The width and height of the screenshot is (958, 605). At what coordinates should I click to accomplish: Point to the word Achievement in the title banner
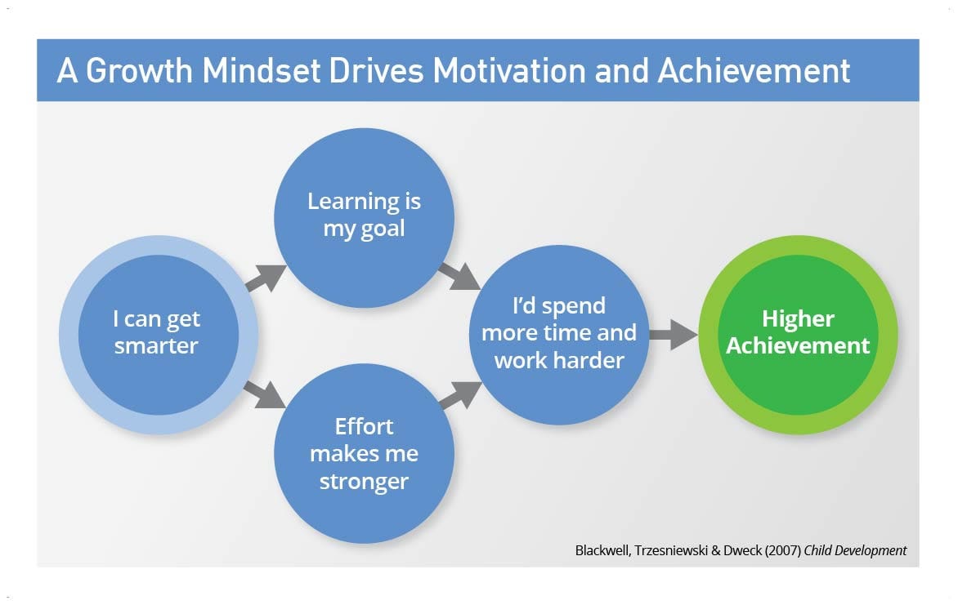[754, 71]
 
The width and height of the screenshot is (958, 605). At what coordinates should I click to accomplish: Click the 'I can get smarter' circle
[157, 333]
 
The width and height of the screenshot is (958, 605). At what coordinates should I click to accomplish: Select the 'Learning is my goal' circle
[364, 216]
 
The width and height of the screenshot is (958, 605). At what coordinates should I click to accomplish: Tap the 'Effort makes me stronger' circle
[364, 453]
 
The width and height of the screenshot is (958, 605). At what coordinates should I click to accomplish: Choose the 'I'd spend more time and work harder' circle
[559, 333]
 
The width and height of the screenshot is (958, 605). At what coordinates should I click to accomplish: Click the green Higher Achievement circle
[798, 333]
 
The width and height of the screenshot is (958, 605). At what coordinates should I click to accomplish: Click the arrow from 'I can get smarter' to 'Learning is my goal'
[266, 278]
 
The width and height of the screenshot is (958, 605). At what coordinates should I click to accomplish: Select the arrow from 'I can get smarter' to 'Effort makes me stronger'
[266, 393]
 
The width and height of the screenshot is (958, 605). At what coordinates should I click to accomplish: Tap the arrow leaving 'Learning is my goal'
[460, 276]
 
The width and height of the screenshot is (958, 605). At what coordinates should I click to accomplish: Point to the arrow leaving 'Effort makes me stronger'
[460, 395]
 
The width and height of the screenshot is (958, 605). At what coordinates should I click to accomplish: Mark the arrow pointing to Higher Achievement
[673, 334]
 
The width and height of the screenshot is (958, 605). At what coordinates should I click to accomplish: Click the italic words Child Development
[856, 550]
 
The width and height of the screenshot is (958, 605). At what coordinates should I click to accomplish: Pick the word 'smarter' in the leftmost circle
[156, 345]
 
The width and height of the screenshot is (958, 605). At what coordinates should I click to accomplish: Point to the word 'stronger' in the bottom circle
[364, 481]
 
